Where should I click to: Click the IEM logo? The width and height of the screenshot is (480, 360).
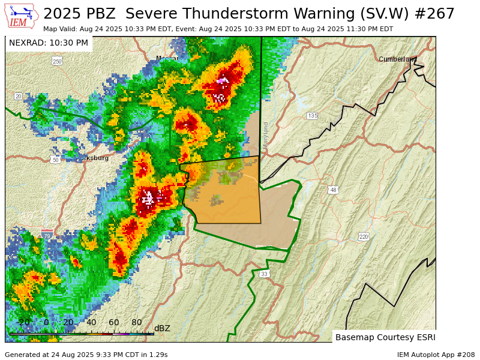click(22, 16)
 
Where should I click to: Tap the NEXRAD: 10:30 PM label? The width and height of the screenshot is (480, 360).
click(49, 43)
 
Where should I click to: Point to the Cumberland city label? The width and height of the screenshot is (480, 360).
click(397, 59)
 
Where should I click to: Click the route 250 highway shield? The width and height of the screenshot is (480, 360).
click(57, 61)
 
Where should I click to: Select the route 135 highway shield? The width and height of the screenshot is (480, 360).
click(312, 116)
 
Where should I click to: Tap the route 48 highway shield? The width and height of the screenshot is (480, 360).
click(333, 190)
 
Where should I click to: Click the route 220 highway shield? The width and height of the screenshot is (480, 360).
click(364, 236)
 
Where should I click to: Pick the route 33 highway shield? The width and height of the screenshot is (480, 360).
click(264, 274)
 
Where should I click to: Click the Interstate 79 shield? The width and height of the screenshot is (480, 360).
click(47, 236)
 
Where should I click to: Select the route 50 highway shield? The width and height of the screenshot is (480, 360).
click(55, 160)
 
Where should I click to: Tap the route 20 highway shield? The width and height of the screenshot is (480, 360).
click(18, 96)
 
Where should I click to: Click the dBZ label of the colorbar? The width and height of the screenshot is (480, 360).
click(162, 328)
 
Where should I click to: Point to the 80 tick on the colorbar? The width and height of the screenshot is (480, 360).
click(137, 322)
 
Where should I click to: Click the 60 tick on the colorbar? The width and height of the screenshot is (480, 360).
click(114, 322)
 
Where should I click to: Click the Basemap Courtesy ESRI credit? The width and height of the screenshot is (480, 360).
click(385, 337)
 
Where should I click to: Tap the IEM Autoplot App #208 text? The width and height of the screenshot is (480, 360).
click(436, 355)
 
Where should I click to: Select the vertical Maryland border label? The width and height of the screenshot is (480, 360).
click(266, 136)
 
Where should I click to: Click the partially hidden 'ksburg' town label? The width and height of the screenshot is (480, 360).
click(97, 158)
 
